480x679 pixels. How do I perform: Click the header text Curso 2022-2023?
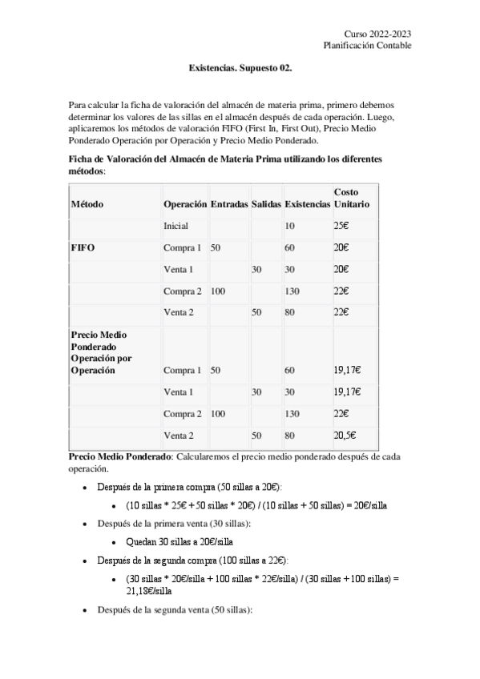click(x=377, y=34)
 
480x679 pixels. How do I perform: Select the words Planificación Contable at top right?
click(x=367, y=46)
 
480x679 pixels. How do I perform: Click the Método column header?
click(x=87, y=204)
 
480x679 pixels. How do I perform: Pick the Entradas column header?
click(x=228, y=204)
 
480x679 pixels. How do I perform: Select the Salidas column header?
click(x=266, y=204)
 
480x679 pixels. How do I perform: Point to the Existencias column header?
click(x=307, y=204)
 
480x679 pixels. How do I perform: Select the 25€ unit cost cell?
click(x=341, y=227)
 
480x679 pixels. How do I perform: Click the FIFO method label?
click(x=83, y=248)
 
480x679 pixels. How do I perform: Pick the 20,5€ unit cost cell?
click(x=345, y=436)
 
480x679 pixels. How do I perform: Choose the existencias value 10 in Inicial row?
click(x=289, y=227)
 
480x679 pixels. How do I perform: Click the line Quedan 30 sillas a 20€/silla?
click(x=176, y=541)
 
